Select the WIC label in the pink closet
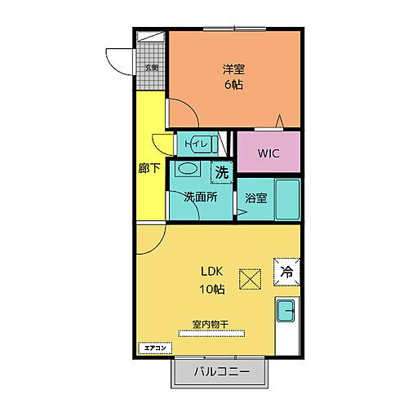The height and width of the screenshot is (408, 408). (x=268, y=152)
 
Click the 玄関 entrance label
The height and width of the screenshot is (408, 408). (x=152, y=68)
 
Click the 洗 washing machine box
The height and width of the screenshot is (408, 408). (x=221, y=172)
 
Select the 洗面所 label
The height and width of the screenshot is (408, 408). (x=199, y=197)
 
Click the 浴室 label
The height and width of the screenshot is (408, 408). (x=255, y=197)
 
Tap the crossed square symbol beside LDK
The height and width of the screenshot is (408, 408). (x=250, y=279)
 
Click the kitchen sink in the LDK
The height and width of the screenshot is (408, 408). (x=286, y=311)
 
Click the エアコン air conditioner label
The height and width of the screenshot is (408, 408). (x=154, y=348)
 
